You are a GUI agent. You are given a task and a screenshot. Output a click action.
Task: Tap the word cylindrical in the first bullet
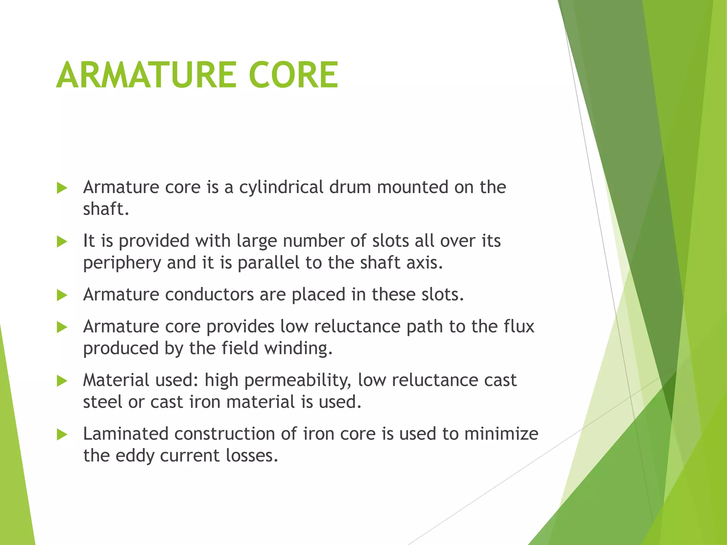[x=281, y=187]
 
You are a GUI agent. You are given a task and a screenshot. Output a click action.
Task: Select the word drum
[x=350, y=187]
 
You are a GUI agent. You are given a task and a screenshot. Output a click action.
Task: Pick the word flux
[x=519, y=326]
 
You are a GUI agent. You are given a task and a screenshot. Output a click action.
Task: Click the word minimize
[x=501, y=434]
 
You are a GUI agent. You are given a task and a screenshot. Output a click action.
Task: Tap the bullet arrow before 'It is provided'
[x=62, y=242]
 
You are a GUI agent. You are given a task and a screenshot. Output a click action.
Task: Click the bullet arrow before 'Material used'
[x=62, y=381]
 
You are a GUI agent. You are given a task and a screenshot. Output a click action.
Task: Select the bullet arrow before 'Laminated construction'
[x=62, y=435]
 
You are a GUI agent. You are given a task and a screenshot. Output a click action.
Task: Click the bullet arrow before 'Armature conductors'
[x=62, y=296]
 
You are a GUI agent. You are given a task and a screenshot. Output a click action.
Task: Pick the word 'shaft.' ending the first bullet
[x=106, y=209]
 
